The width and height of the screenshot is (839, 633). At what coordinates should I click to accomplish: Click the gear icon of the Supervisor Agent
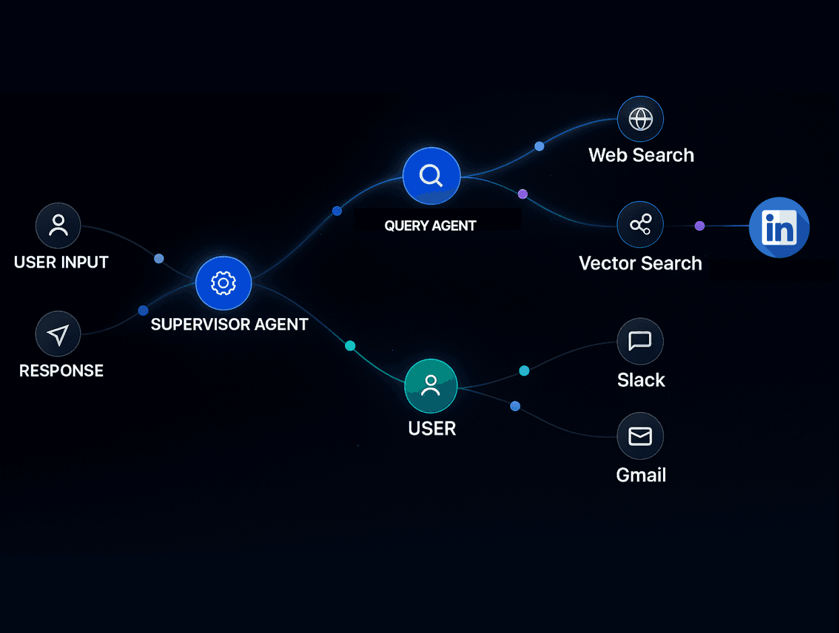(x=223, y=283)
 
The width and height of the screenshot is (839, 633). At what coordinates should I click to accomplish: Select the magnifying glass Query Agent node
(x=431, y=176)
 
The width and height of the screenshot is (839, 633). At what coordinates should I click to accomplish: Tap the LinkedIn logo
(x=779, y=227)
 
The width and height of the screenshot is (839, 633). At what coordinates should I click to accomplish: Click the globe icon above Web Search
(x=640, y=119)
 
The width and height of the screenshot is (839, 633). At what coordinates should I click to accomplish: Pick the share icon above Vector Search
(x=640, y=224)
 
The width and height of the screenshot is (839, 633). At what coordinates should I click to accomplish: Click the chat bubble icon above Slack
(x=640, y=341)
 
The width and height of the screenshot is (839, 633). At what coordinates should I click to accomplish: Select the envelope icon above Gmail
(x=640, y=436)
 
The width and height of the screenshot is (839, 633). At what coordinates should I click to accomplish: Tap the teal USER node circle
(x=431, y=386)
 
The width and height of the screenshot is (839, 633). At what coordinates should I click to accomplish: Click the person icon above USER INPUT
(x=58, y=226)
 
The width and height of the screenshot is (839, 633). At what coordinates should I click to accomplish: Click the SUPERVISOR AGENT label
(x=229, y=324)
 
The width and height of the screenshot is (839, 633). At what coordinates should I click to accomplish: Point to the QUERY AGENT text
(x=430, y=226)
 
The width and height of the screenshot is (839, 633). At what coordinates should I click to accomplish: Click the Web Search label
(x=641, y=155)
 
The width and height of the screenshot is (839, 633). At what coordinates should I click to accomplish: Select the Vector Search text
(x=640, y=263)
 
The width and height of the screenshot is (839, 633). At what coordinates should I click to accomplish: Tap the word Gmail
(x=641, y=475)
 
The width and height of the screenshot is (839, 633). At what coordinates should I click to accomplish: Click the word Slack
(x=641, y=380)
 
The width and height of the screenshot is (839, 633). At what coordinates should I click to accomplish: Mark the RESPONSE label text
(x=61, y=370)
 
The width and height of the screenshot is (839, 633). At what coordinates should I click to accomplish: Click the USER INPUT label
(x=61, y=262)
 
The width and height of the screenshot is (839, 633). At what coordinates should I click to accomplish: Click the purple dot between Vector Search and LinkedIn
(x=700, y=226)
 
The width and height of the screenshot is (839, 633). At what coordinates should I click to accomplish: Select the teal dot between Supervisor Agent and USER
(x=350, y=346)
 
